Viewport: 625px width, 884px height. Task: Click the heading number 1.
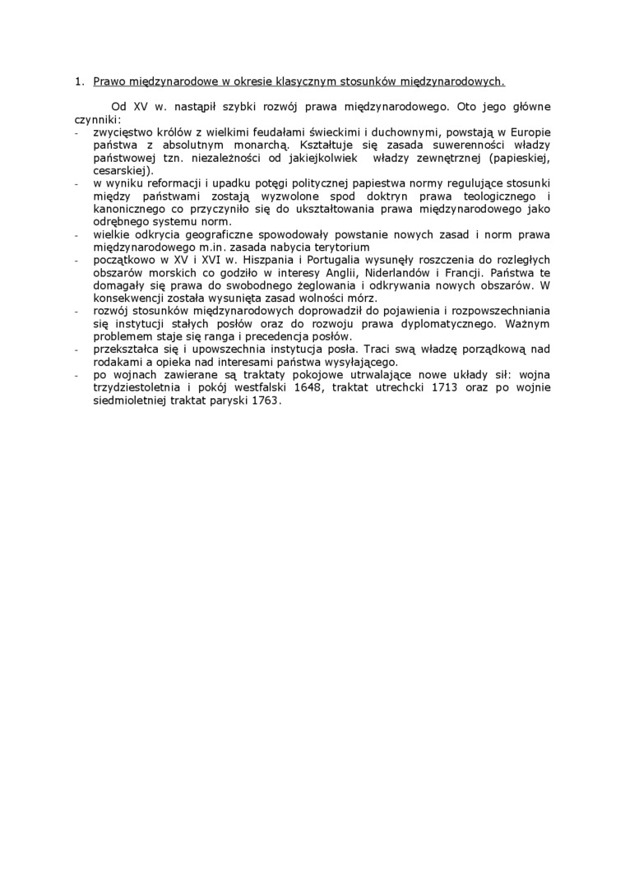point(78,82)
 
